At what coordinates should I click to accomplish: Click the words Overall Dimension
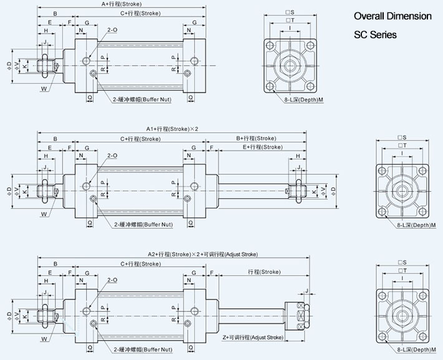(x=392, y=16)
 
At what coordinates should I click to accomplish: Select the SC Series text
(x=375, y=35)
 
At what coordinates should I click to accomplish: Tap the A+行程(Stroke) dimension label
(x=122, y=4)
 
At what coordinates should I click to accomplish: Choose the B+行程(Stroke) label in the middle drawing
(x=256, y=138)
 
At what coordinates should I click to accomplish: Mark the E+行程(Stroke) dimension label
(x=262, y=147)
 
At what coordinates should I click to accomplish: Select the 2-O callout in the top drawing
(x=112, y=30)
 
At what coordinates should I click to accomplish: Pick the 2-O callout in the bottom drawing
(x=112, y=280)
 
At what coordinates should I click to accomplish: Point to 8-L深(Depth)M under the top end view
(x=303, y=99)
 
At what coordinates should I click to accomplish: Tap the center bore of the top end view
(x=290, y=65)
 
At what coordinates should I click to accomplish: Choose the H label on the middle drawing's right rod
(x=298, y=156)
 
